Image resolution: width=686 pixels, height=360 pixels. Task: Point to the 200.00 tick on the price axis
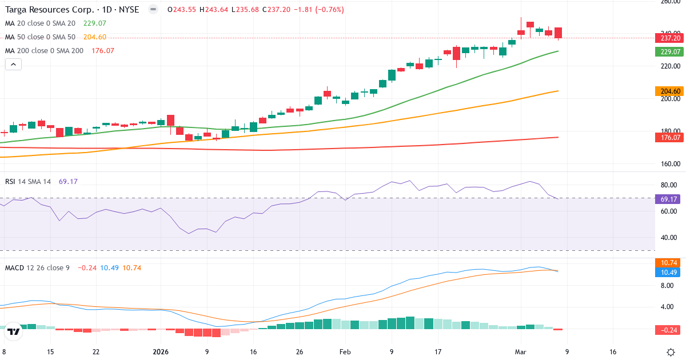pyautogui.click(x=669, y=99)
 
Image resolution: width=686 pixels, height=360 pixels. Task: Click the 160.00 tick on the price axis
pyautogui.click(x=669, y=164)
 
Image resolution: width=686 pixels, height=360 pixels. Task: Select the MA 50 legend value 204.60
pyautogui.click(x=95, y=37)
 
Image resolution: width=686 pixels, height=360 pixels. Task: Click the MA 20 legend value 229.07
pyautogui.click(x=95, y=23)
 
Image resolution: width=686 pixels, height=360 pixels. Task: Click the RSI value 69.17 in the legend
pyautogui.click(x=68, y=182)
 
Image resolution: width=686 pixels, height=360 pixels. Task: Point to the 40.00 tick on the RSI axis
pyautogui.click(x=669, y=238)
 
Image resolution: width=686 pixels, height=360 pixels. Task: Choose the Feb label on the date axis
pyautogui.click(x=345, y=352)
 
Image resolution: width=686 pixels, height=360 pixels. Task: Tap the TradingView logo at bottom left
pyautogui.click(x=14, y=331)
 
